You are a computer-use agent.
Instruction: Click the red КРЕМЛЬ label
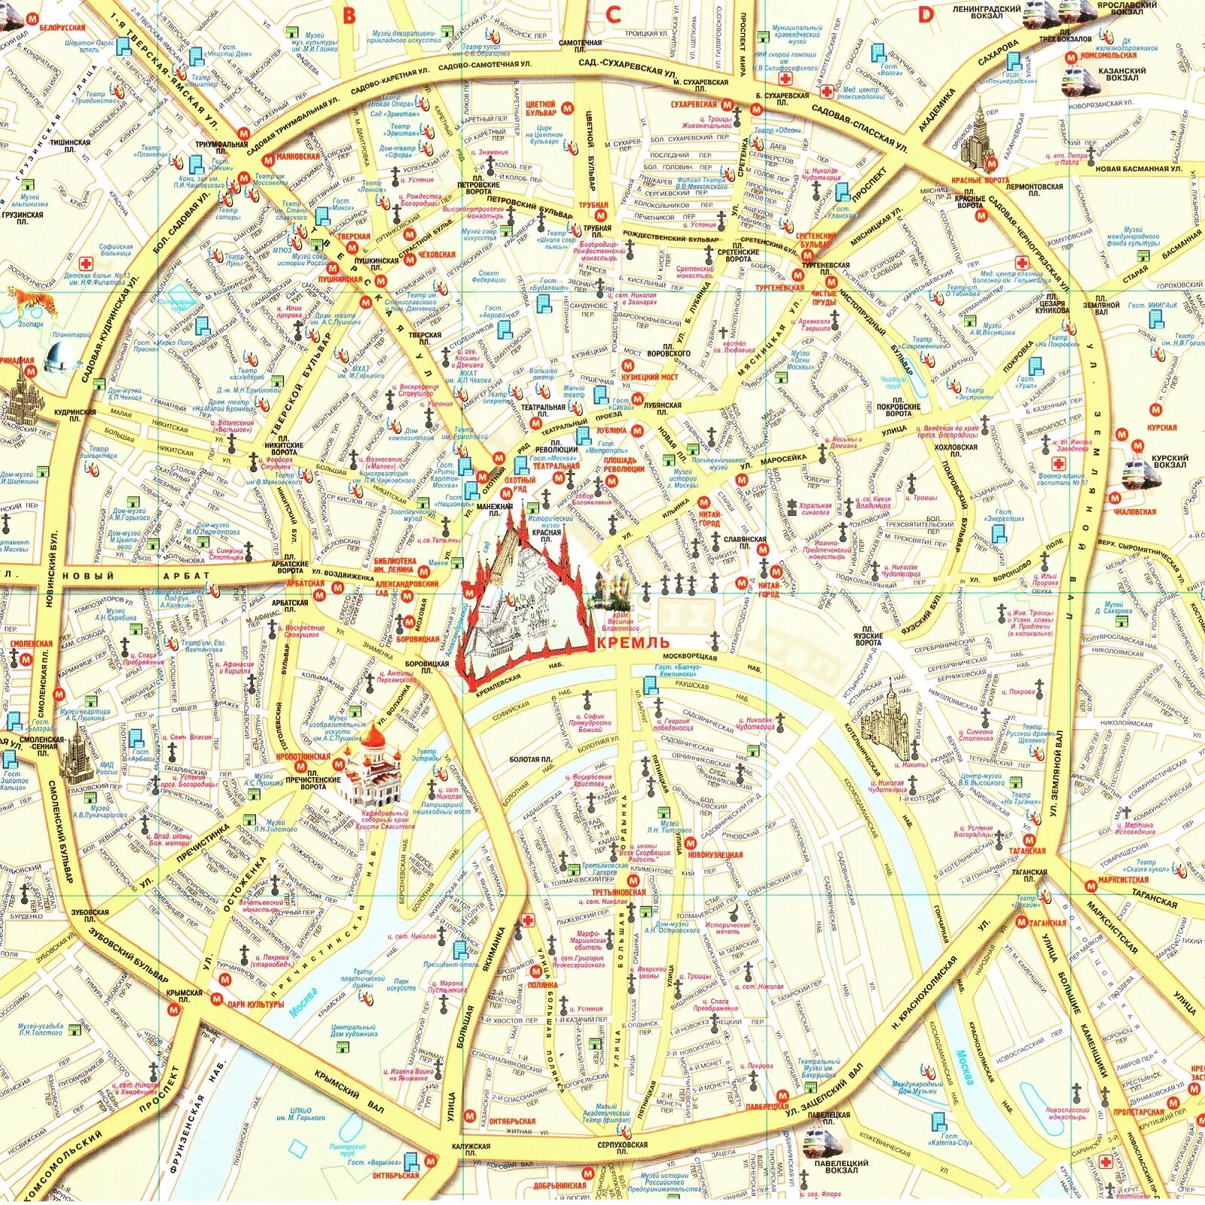(633, 642)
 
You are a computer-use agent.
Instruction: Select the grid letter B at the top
(348, 16)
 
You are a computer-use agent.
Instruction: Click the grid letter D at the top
(926, 14)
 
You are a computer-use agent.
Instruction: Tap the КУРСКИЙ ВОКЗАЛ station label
(1170, 461)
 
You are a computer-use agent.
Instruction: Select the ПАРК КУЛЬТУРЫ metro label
(255, 1003)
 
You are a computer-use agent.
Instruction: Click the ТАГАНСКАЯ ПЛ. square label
(1030, 876)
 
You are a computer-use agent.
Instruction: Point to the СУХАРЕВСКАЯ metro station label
(694, 105)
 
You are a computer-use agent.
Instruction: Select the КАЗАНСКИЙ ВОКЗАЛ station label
(1122, 74)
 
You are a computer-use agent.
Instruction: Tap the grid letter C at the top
(613, 14)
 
